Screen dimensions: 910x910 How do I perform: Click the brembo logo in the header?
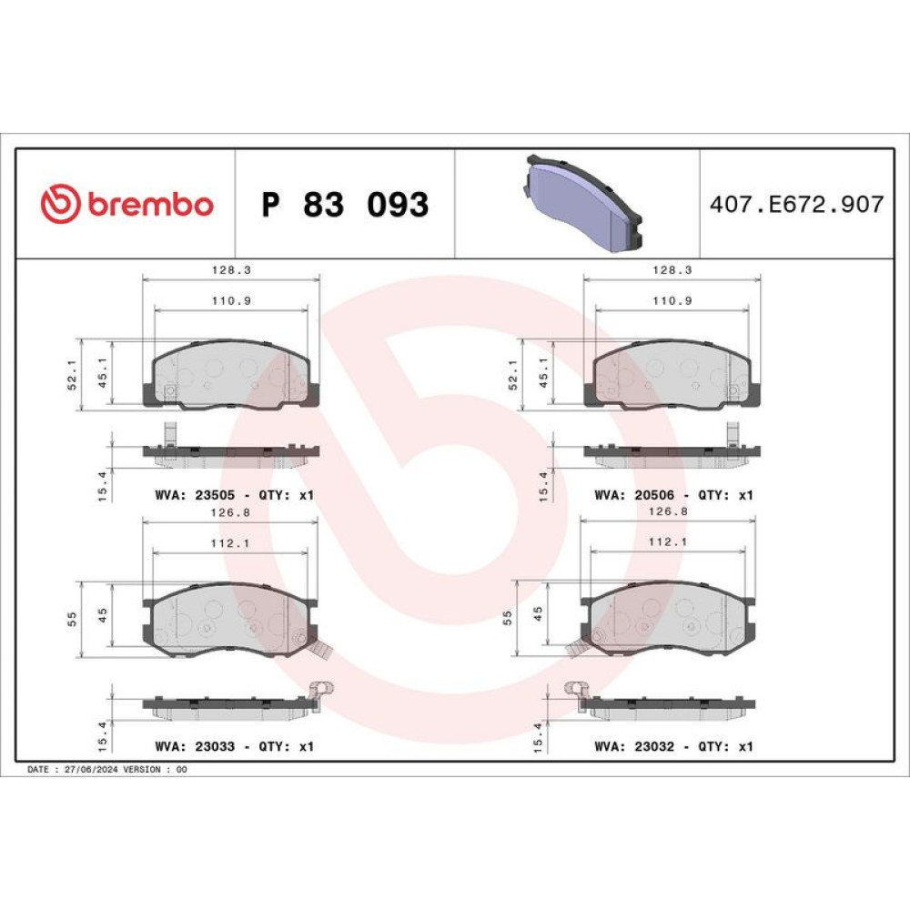tap(127, 204)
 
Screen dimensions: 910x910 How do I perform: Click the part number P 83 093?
tap(345, 204)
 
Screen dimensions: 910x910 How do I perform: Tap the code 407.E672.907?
tap(797, 204)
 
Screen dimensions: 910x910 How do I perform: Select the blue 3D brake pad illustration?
tap(583, 203)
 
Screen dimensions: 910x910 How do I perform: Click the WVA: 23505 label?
tap(195, 495)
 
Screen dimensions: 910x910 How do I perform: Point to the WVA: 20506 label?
tap(634, 495)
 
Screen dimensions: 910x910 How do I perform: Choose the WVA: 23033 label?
tap(195, 746)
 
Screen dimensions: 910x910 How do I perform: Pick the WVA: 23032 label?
tap(634, 746)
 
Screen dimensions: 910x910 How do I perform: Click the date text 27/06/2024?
tap(91, 770)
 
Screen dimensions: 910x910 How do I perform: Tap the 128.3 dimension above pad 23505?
tap(231, 270)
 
